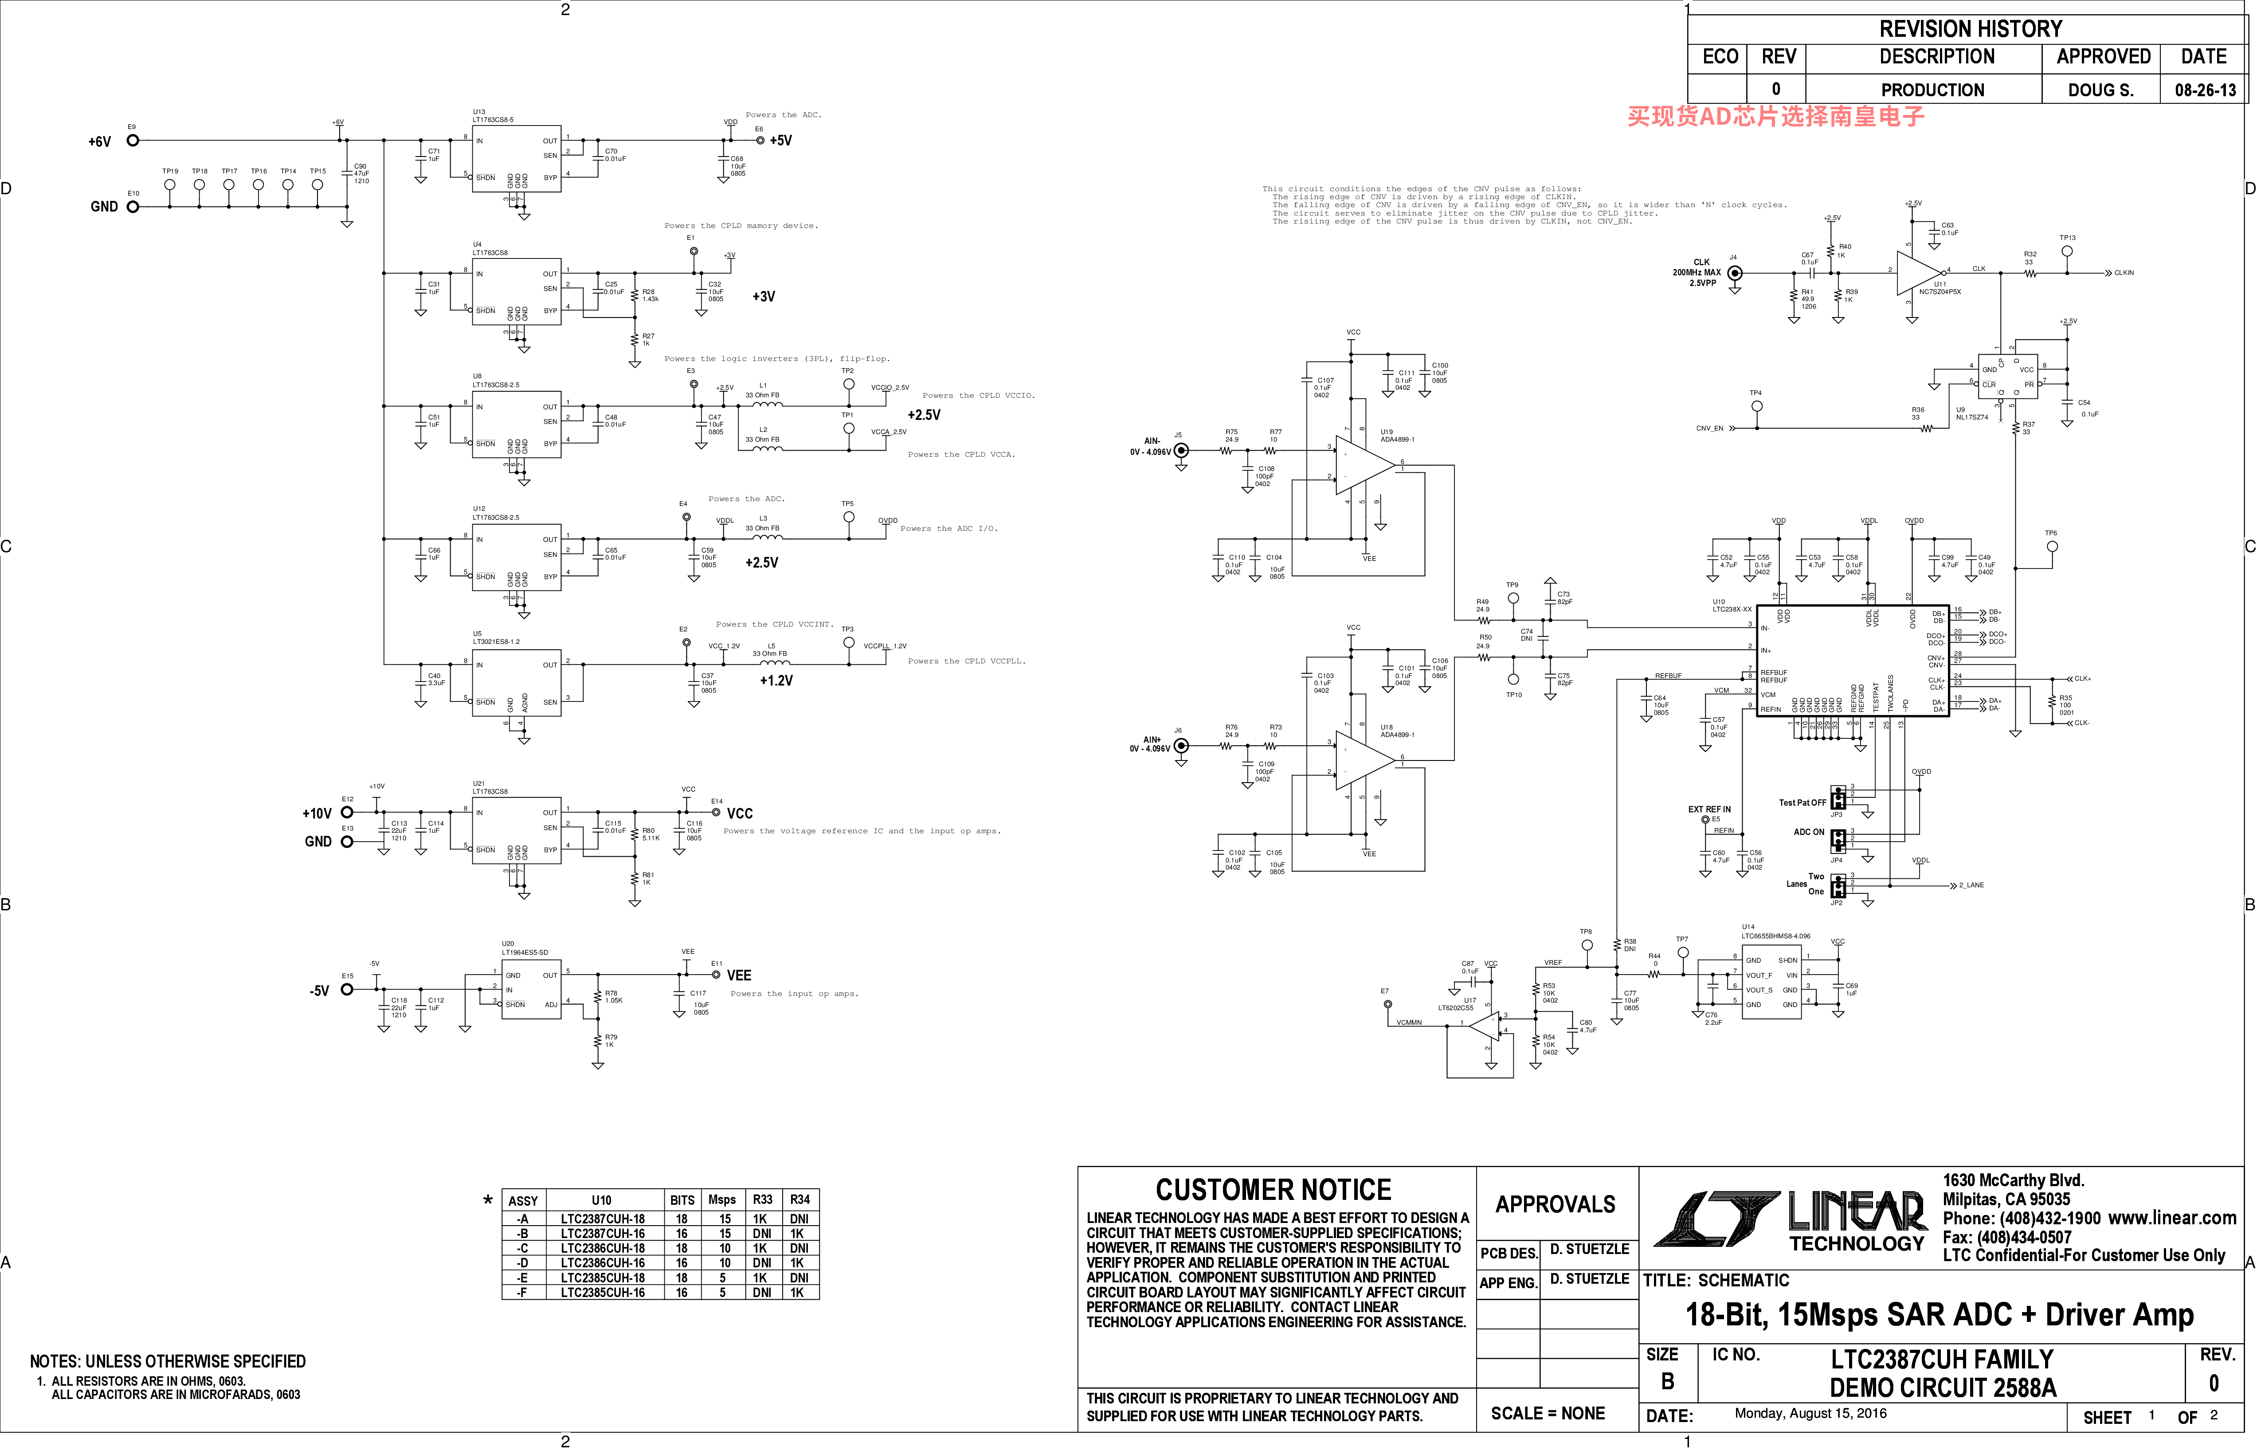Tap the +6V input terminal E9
133,140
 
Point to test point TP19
169,184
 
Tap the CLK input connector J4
1734,273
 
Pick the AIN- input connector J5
1181,451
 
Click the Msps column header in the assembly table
722,1199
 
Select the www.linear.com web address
2171,1219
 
